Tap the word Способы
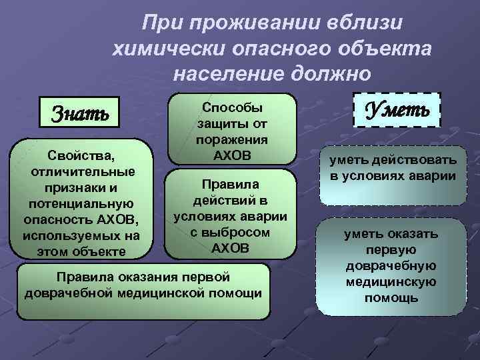coord(232,107)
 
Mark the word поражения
coord(232,139)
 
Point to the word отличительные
coord(81,172)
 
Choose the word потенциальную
coord(81,203)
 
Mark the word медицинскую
coord(391,282)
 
